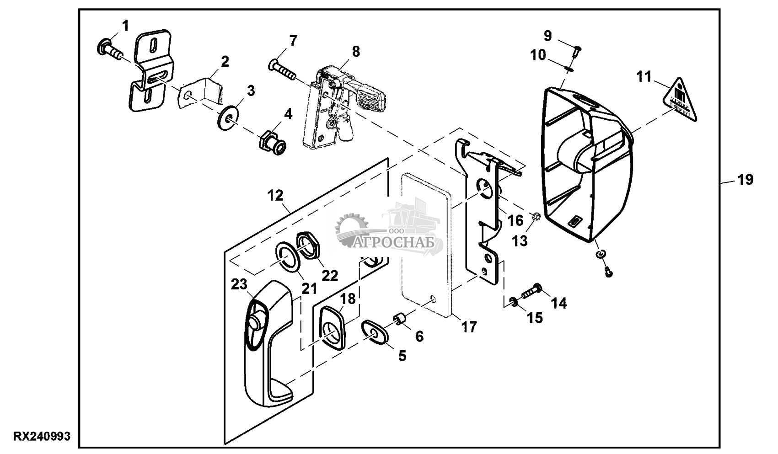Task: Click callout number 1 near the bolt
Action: (125, 26)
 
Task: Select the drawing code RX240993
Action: (42, 437)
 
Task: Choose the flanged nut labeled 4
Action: (271, 140)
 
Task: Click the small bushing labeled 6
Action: (401, 319)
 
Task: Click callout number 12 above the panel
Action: (276, 197)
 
